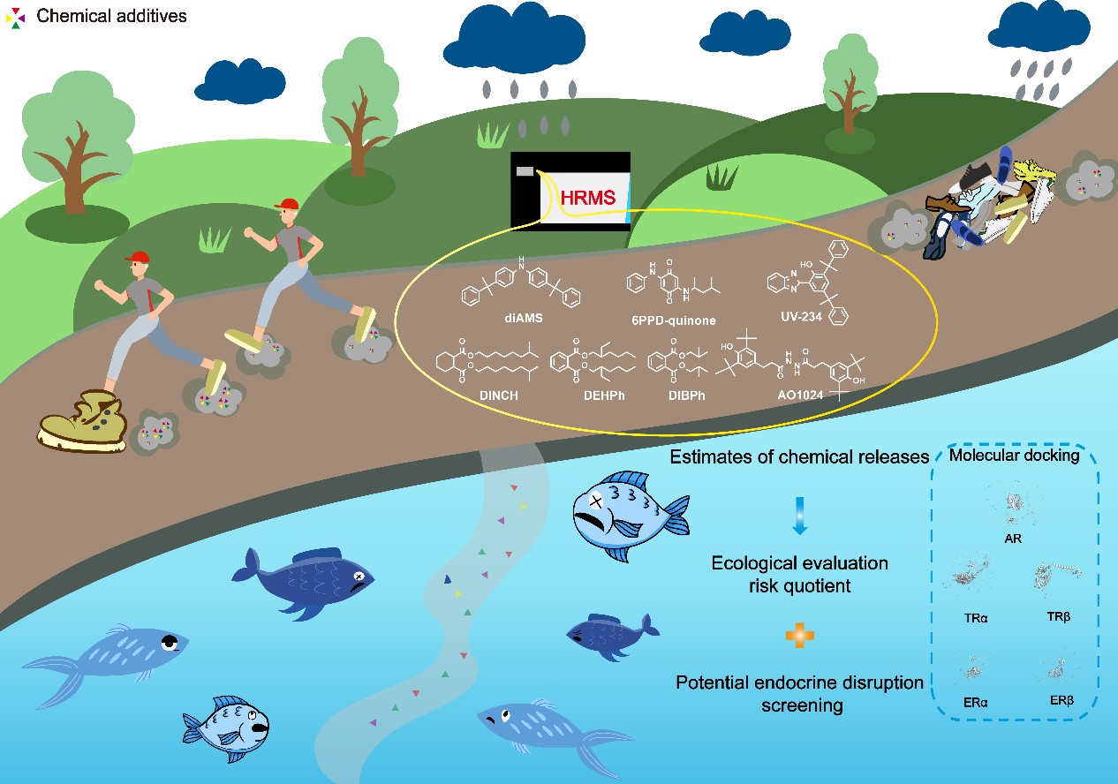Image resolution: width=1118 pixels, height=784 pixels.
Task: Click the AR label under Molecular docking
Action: click(x=1013, y=538)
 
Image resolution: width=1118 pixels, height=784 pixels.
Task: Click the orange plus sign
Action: click(x=800, y=634)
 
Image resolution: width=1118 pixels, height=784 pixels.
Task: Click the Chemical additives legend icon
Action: click(x=17, y=17)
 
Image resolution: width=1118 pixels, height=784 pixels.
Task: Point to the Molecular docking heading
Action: click(x=1014, y=456)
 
